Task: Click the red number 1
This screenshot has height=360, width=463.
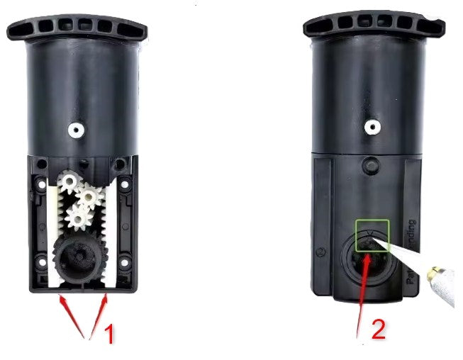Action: (x=109, y=334)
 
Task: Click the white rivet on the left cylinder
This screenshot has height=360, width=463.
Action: (x=74, y=130)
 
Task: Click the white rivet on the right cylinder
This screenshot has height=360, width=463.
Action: (x=370, y=128)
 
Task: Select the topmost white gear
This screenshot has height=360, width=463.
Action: (x=69, y=182)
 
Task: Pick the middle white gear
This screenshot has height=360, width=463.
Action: (x=89, y=195)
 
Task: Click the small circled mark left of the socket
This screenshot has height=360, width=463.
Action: (x=323, y=251)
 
